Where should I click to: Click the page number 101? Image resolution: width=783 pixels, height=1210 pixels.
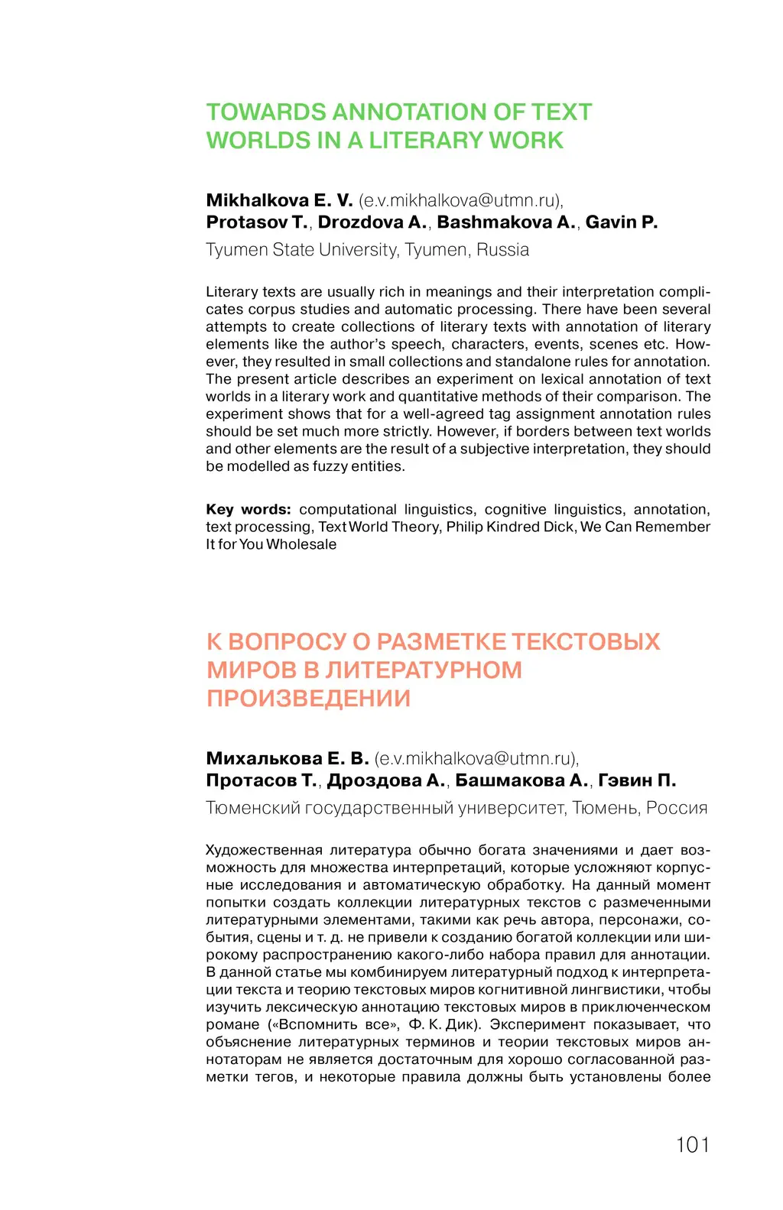tap(693, 1144)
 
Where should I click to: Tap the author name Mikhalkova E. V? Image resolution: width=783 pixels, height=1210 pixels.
tap(279, 200)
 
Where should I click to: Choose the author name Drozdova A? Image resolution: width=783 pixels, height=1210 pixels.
tap(372, 222)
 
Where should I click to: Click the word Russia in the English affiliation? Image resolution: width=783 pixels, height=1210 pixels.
tap(502, 250)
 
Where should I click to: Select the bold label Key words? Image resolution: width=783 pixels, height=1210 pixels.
tap(248, 510)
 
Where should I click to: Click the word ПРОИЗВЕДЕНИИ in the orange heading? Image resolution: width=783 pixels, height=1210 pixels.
tap(308, 699)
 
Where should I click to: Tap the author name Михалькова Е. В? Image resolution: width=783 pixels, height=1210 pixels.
tap(288, 758)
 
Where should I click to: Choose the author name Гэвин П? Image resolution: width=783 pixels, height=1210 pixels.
tap(637, 780)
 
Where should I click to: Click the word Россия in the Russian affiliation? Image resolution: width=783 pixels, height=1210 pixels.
tap(676, 808)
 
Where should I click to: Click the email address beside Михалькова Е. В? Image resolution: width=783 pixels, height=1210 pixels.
tap(477, 758)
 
